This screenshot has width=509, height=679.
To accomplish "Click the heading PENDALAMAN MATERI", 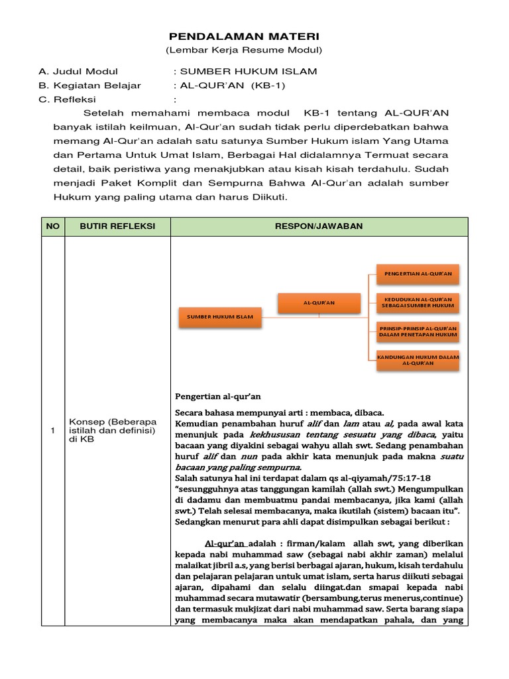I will point(244,36).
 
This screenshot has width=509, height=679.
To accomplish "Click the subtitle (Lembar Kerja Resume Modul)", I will point(244,50).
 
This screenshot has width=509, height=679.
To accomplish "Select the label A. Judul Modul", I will point(78,72).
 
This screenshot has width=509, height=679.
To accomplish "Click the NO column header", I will point(52,227).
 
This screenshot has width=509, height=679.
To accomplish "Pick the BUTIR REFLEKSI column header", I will point(117,227).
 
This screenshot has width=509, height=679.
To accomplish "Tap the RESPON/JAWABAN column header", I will point(319,227).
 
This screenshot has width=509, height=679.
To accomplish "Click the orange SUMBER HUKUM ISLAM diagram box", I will point(219,317).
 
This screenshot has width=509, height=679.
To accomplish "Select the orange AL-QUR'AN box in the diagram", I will point(319,302).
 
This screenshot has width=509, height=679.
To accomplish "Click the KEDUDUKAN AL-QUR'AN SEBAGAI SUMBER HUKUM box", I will point(418,302).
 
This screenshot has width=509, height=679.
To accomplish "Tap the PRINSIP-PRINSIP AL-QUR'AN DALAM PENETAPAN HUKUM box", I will point(418,331).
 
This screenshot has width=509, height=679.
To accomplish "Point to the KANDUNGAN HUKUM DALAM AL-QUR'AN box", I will point(418,359).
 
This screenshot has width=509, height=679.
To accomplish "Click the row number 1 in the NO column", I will point(52,431).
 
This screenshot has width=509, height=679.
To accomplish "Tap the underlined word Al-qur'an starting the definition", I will point(226,542).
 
